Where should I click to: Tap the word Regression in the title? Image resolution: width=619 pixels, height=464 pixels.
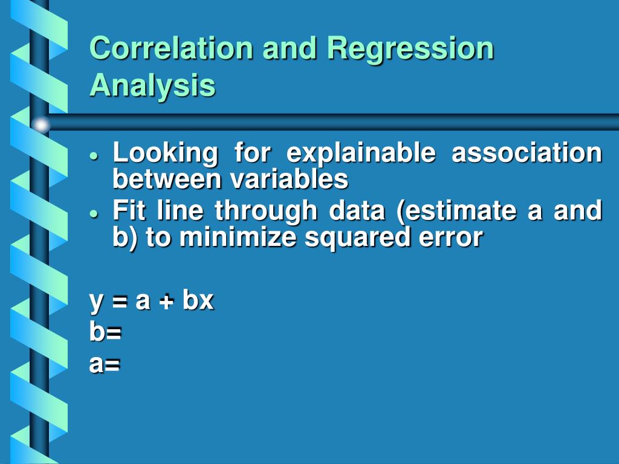[x=410, y=48]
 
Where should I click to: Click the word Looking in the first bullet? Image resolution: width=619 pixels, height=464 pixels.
[x=165, y=153]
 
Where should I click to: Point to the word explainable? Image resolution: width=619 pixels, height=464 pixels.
[x=360, y=153]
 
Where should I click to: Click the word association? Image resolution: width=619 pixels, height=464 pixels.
[x=527, y=153]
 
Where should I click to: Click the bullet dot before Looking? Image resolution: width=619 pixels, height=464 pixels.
[x=93, y=155]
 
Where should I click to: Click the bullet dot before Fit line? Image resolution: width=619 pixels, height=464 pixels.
[x=93, y=214]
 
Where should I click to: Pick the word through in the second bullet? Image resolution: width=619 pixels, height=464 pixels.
[x=266, y=211]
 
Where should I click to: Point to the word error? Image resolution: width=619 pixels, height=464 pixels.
[x=449, y=237]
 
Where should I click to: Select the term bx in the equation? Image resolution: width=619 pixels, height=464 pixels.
[x=198, y=300]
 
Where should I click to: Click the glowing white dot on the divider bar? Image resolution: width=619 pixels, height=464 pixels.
[x=41, y=125]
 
